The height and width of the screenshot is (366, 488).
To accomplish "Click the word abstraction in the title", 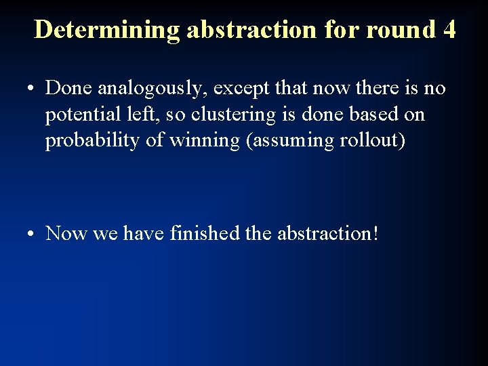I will pyautogui.click(x=249, y=30).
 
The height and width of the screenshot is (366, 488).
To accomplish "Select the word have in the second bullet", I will pyautogui.click(x=144, y=234).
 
